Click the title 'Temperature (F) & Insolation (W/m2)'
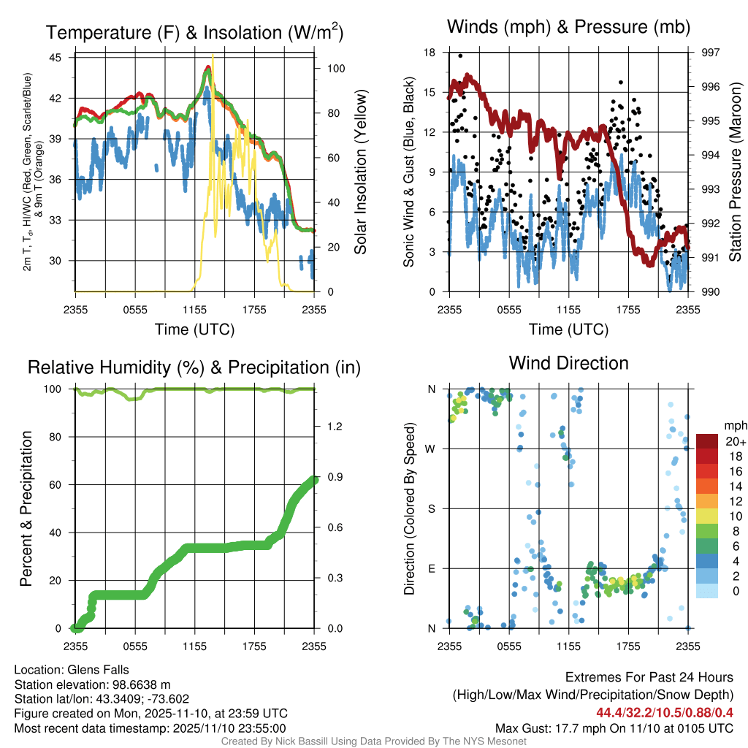click(x=194, y=32)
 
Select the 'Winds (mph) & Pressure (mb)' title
click(x=568, y=27)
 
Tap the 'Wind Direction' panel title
click(x=568, y=362)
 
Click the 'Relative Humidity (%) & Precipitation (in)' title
click(x=194, y=367)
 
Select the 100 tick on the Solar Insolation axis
click(x=337, y=68)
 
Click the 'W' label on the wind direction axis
click(x=432, y=449)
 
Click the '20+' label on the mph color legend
click(x=731, y=441)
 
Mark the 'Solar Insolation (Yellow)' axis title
click(x=359, y=172)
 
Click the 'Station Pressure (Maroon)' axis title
click(x=735, y=172)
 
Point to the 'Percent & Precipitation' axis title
click(x=26, y=508)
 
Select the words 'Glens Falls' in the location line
click(x=99, y=669)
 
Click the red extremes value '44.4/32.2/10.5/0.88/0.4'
click(x=665, y=712)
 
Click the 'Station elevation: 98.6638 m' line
click(x=92, y=684)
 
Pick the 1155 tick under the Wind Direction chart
click(x=568, y=646)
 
